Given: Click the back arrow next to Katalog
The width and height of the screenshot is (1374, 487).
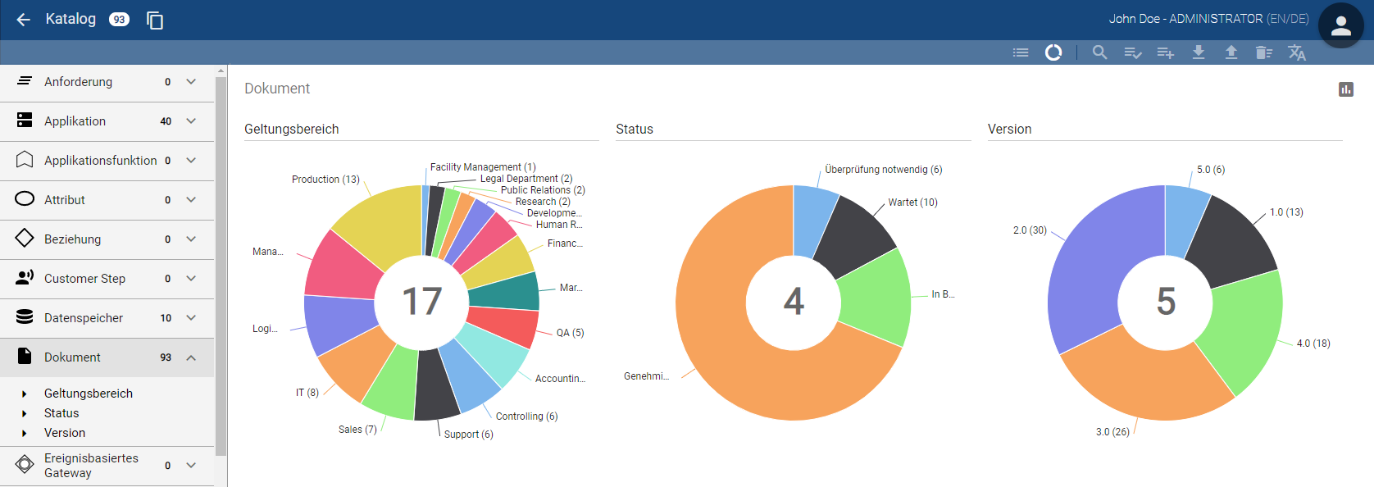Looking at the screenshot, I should point(24,20).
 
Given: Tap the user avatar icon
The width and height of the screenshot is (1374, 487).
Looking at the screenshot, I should point(1340,26).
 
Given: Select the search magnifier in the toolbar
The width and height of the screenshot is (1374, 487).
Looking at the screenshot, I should point(1099,52).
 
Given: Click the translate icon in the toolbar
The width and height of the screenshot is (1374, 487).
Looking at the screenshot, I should point(1296,52).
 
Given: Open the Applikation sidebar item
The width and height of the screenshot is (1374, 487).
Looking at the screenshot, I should point(75,121).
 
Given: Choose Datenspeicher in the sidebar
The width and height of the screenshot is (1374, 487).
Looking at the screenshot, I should point(83,318).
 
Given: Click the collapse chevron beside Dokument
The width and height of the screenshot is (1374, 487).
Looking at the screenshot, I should point(191,357).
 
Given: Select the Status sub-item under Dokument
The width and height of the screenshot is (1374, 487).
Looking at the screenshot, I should point(61,413).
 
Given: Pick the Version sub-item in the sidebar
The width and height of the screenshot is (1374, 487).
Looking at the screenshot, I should point(65,433).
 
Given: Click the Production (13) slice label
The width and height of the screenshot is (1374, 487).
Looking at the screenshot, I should point(325,180).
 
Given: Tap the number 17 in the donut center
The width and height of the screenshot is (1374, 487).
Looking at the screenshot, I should point(422,302).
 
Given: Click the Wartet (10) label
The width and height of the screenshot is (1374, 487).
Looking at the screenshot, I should point(912,203).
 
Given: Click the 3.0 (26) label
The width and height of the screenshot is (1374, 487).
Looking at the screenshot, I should point(1112,432).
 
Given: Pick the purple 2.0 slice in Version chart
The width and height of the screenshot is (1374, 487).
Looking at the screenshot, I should point(1090,271).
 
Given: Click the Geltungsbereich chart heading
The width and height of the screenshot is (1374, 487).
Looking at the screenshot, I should point(291,130).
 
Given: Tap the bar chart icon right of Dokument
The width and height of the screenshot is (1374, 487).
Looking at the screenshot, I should point(1345,89).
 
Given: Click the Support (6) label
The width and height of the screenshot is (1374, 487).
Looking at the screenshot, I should point(468,435).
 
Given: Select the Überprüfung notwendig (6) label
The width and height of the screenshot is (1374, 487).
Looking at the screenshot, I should point(883,170).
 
